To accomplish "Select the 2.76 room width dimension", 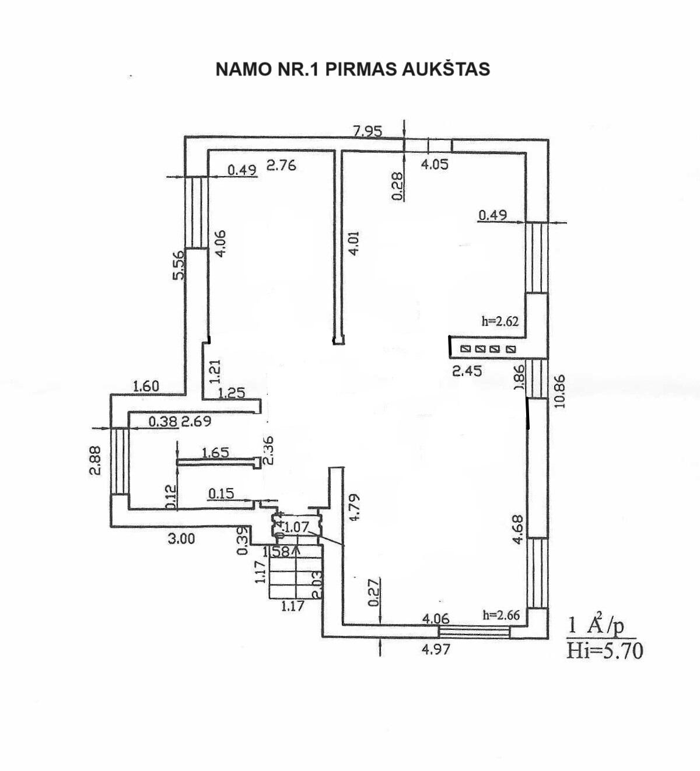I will [281, 165].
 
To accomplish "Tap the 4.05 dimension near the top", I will [435, 164].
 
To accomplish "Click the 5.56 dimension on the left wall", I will [178, 264].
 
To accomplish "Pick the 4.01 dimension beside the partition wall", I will [353, 243].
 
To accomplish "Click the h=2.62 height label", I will [500, 320].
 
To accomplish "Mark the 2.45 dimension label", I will [467, 370].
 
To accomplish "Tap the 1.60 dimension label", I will [146, 385].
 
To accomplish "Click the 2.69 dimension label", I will [196, 421].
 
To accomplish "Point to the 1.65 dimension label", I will [215, 452].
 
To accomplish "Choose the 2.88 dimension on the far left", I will [96, 461].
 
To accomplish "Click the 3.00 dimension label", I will [181, 539].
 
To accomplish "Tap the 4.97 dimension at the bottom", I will [436, 649].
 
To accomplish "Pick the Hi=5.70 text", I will [604, 650].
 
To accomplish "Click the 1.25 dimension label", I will [232, 393].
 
